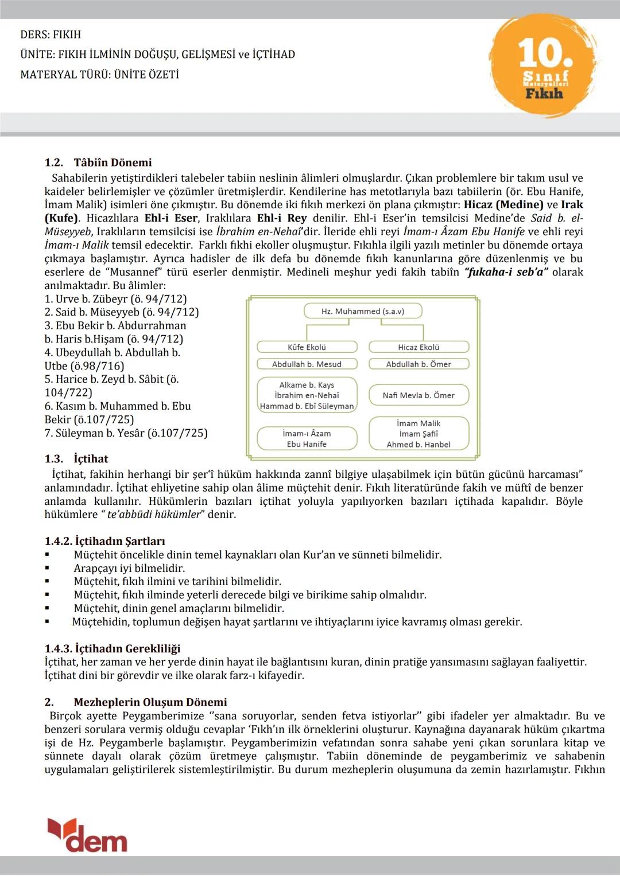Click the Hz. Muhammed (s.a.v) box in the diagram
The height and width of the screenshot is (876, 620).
363,311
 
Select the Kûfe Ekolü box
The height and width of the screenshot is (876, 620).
307,347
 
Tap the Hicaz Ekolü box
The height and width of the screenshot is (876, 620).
418,347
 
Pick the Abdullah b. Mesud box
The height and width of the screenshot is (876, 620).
307,364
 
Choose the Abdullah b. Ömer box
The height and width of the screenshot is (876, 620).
418,364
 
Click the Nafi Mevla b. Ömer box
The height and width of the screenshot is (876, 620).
418,395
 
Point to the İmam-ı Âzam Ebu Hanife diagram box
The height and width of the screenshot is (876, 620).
307,439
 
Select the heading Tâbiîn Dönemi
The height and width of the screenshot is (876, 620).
113,162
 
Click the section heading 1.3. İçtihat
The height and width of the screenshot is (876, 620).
76,458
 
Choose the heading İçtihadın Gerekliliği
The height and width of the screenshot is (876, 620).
127,648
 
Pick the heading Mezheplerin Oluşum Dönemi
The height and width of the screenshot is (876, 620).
150,702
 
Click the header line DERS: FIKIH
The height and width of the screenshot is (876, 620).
51,34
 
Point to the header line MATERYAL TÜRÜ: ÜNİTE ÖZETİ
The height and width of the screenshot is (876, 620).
99,75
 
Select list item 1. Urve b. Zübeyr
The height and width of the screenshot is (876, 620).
115,299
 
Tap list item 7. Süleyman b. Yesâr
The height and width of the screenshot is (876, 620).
126,433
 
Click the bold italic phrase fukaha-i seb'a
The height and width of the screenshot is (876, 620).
506,272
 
